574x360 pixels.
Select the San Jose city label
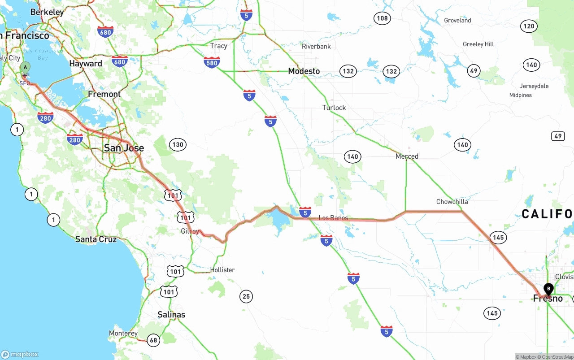coord(124,148)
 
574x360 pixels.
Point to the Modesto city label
coord(304,71)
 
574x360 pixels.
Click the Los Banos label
coord(333,218)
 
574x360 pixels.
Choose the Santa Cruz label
coord(96,239)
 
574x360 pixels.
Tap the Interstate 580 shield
coord(212,63)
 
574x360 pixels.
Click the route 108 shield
coord(382,18)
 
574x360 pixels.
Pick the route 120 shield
coord(529,26)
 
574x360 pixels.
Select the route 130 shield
coord(178,144)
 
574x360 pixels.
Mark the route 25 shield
coord(246,296)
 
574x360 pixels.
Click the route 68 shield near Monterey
coord(153,340)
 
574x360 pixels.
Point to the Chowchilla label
coord(452,202)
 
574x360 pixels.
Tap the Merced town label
coord(407,156)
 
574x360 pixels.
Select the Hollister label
coord(222,270)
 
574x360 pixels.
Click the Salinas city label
coord(171,315)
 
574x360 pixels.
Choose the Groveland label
coord(457,20)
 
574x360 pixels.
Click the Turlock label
coord(334,108)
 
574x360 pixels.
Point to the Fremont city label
coord(104,94)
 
